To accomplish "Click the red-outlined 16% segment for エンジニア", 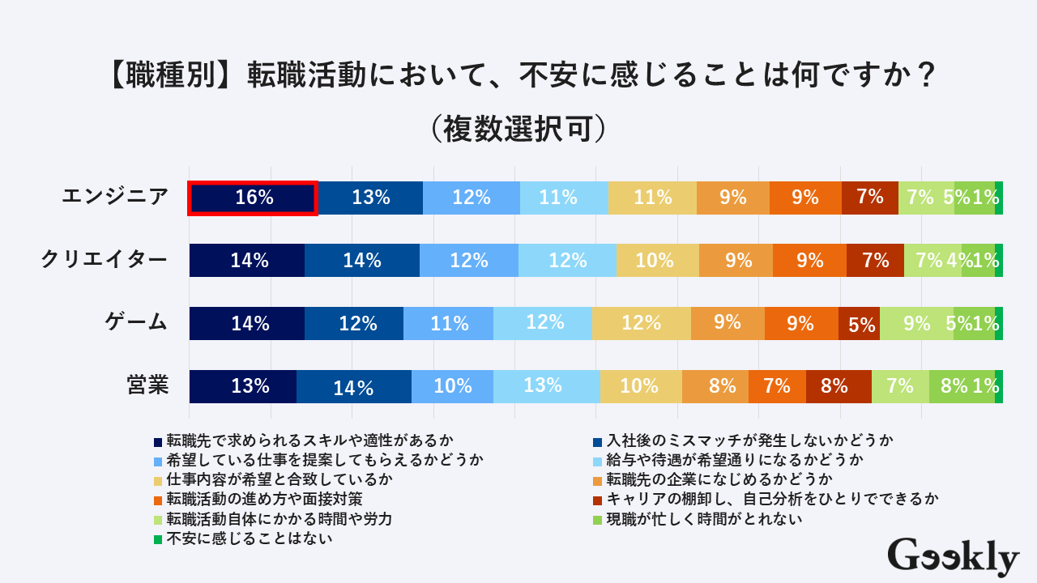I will pos(253,198).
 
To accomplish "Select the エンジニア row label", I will pos(116,197).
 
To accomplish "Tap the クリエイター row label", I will pos(105,260).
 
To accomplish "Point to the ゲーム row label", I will pos(137,323).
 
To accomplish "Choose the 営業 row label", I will pos(147,385).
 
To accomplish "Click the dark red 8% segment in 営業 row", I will pos(839,386).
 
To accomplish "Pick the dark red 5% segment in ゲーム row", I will pos(860,323).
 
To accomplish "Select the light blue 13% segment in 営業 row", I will pos(547,386).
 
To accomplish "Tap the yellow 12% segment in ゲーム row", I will pos(642,323).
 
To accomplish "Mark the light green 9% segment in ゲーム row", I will pos(916,323).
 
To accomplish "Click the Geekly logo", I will pos(953,557).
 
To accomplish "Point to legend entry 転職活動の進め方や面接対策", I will pos(264,499).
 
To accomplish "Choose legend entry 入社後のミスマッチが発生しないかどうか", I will pos(749,441).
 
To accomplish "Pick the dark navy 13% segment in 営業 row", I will pos(243,386).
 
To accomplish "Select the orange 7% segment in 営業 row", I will pos(777,386).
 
